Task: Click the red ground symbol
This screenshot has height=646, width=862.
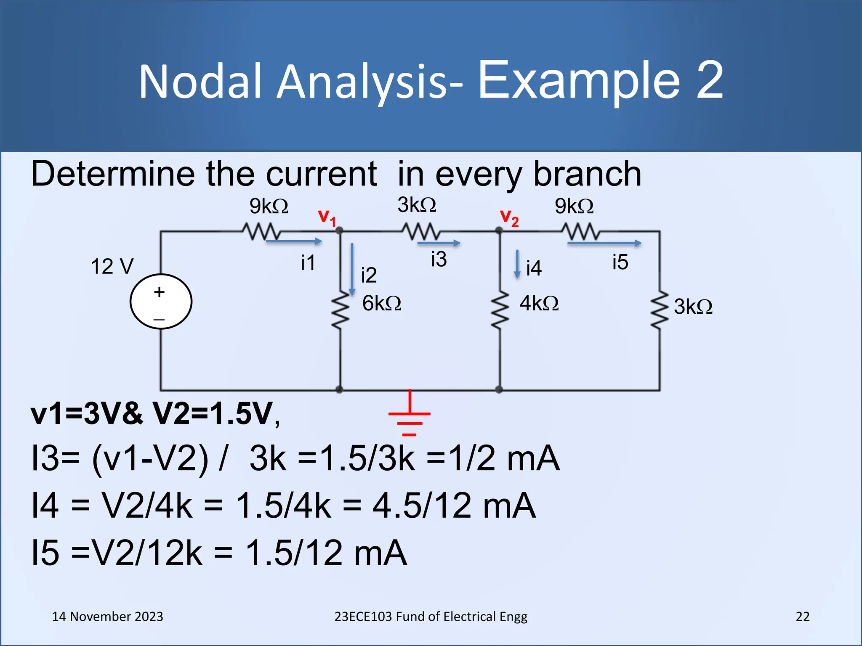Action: click(409, 414)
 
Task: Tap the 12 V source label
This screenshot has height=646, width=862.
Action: click(112, 267)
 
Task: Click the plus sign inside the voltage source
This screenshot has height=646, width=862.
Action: click(159, 292)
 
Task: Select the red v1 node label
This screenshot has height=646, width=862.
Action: click(327, 217)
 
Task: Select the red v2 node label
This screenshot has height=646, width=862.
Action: click(509, 218)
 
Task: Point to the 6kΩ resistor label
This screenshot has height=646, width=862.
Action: click(381, 303)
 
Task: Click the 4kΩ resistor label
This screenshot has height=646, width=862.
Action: click(539, 303)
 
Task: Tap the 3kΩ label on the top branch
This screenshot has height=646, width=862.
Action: click(417, 205)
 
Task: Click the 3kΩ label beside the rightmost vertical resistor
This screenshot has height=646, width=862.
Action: click(693, 307)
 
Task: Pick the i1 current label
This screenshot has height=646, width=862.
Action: click(308, 263)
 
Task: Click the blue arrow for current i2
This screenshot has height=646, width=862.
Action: click(352, 269)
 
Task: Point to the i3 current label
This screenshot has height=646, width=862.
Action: click(439, 259)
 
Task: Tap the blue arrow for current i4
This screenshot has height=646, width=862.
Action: click(517, 264)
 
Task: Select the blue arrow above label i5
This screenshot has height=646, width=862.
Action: click(604, 243)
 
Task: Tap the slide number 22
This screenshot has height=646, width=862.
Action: click(802, 617)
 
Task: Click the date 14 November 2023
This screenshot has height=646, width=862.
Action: click(107, 617)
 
